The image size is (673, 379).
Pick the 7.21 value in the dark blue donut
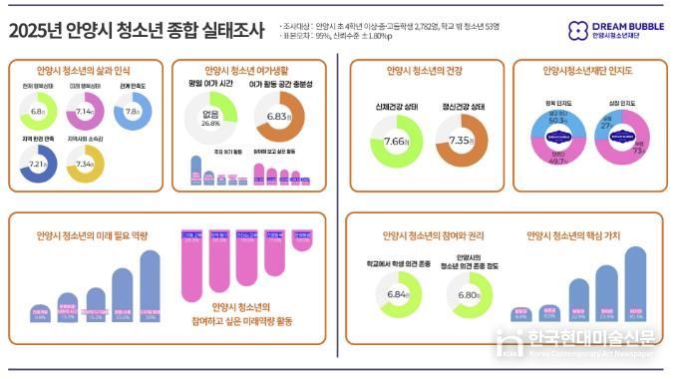(39, 163)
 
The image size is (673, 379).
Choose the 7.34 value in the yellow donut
(86, 163)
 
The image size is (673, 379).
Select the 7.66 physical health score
(396, 142)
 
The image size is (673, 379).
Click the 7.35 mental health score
(461, 142)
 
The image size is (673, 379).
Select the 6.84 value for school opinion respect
(396, 296)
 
